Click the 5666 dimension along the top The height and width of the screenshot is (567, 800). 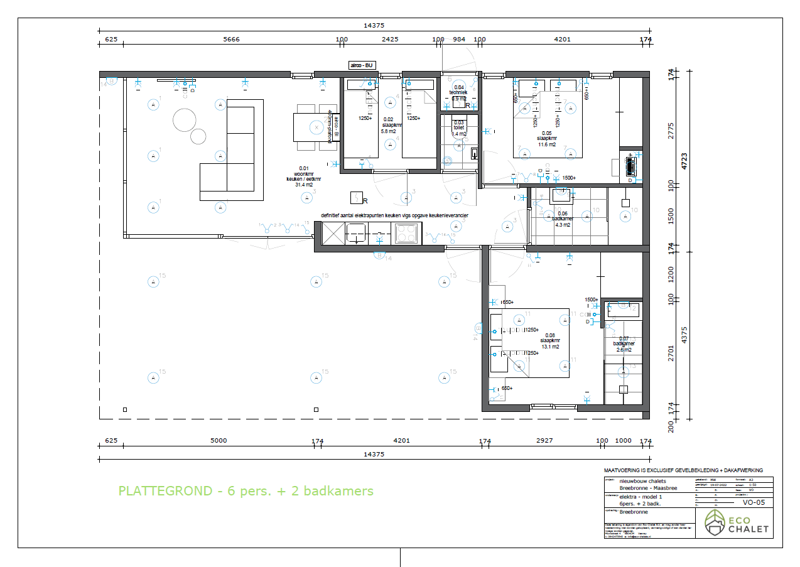[232, 40]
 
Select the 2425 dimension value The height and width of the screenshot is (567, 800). [390, 40]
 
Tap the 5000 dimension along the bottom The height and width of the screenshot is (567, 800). [219, 440]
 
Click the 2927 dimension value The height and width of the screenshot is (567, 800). [544, 440]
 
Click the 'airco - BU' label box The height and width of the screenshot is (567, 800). [362, 65]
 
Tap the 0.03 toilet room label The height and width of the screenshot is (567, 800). [459, 128]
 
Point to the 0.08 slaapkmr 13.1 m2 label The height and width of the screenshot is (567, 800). [550, 341]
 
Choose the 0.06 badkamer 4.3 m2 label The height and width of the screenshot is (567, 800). [563, 219]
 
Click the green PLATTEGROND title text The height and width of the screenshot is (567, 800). [246, 491]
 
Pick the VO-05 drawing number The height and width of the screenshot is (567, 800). [753, 502]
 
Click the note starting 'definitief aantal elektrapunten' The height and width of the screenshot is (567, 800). [394, 215]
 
